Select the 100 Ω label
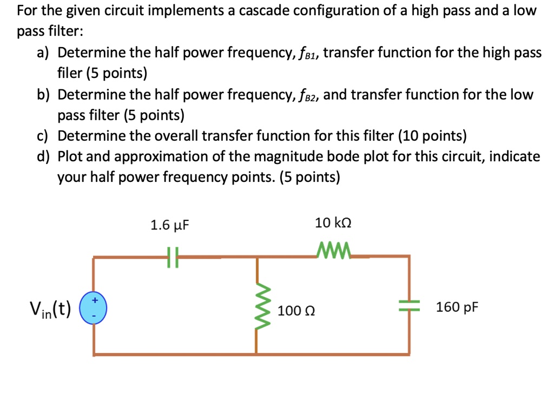click(x=296, y=311)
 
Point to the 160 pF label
click(x=457, y=308)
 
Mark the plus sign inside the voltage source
click(x=95, y=300)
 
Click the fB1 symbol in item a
click(x=307, y=54)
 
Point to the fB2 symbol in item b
click(x=309, y=95)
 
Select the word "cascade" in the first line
click(x=278, y=10)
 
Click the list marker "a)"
click(x=43, y=53)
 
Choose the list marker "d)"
click(x=43, y=156)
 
